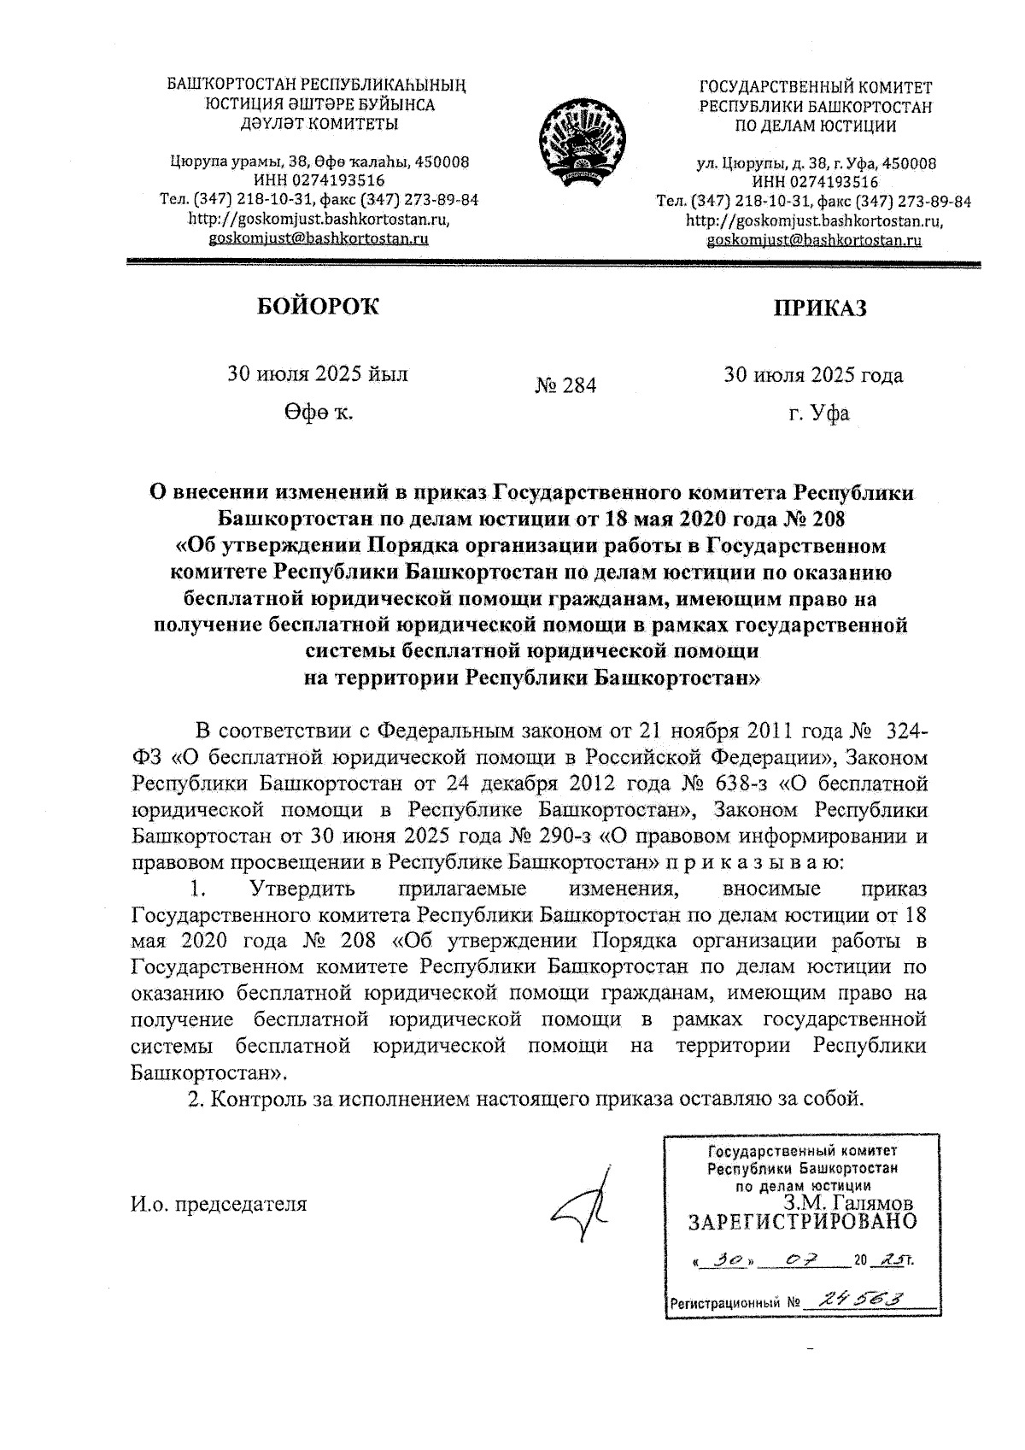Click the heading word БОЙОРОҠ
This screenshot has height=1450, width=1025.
(318, 307)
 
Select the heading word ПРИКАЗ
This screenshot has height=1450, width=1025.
(819, 308)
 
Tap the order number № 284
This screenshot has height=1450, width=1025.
(565, 386)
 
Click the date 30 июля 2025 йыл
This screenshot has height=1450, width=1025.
(317, 374)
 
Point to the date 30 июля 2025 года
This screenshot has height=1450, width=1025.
(813, 375)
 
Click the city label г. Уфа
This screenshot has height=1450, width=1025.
(818, 414)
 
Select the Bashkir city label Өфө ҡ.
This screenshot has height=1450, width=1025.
(318, 414)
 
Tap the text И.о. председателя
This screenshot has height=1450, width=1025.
(218, 1204)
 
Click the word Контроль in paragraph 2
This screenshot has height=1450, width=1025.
(258, 1096)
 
